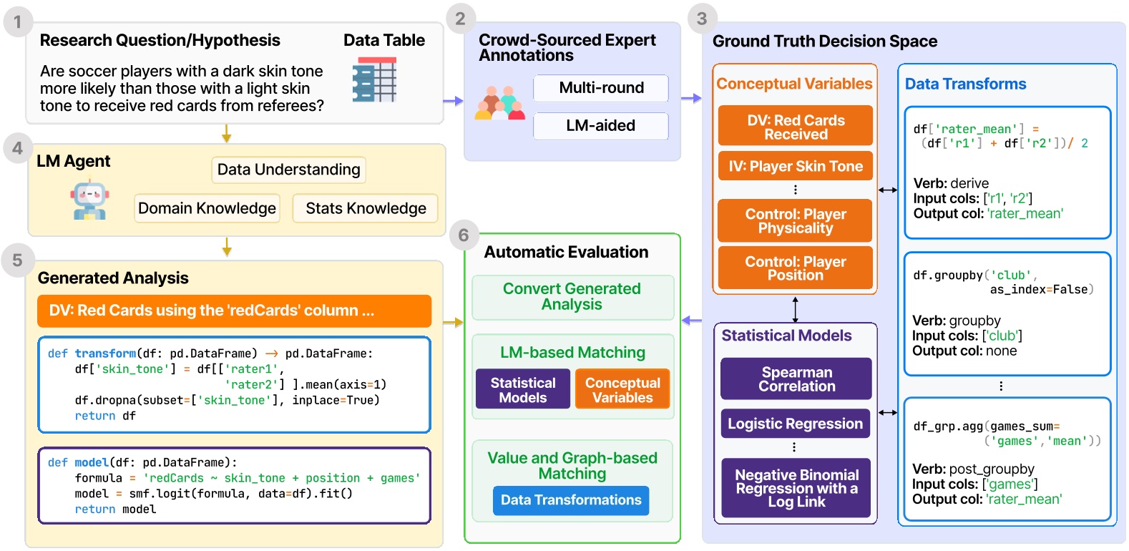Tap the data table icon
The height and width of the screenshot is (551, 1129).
tap(374, 79)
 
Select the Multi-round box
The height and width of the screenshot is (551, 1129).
tap(600, 88)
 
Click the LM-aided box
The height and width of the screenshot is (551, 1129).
tap(600, 126)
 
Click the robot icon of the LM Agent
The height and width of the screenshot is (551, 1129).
tap(90, 201)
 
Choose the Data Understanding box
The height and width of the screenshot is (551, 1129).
tap(288, 170)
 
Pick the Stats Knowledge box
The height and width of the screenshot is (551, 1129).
tap(366, 208)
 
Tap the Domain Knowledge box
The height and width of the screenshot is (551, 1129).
tap(207, 208)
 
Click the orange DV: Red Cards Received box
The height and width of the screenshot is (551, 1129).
tap(795, 127)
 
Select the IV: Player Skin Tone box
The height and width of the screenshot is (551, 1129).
tap(795, 166)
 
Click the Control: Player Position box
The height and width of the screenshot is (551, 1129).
tap(795, 268)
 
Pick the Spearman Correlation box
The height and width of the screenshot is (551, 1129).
tap(796, 379)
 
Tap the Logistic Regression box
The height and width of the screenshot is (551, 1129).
tap(795, 424)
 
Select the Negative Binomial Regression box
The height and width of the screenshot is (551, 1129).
tap(796, 488)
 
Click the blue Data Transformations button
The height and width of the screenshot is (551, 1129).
tap(571, 500)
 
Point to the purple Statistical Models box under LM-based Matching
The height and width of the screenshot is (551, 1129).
tap(523, 390)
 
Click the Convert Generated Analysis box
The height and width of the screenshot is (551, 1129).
tap(572, 297)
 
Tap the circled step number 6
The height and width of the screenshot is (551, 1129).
tap(464, 235)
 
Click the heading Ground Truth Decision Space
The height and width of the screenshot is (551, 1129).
tap(824, 42)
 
